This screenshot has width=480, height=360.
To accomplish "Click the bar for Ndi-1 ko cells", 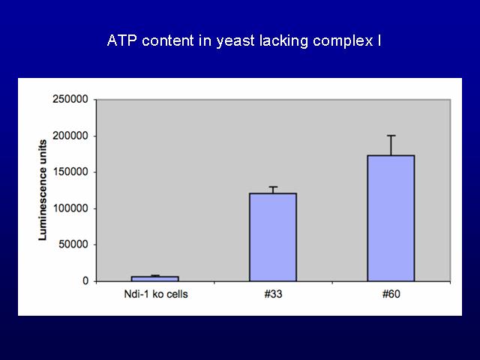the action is pyautogui.click(x=155, y=278).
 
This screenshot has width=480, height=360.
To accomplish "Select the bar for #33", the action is pyautogui.click(x=273, y=237).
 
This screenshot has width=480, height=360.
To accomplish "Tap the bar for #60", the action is pyautogui.click(x=391, y=218).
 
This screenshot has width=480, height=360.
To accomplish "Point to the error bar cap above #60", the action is pyautogui.click(x=391, y=136).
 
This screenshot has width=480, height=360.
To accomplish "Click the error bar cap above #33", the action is pyautogui.click(x=273, y=187).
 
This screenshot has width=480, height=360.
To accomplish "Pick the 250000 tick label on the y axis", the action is pyautogui.click(x=70, y=99).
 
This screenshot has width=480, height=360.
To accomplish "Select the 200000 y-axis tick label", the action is pyautogui.click(x=70, y=136).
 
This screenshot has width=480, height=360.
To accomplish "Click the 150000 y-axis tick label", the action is pyautogui.click(x=70, y=172).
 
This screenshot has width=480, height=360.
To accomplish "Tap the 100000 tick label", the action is pyautogui.click(x=70, y=208).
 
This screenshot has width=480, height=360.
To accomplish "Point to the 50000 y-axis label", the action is pyautogui.click(x=73, y=244).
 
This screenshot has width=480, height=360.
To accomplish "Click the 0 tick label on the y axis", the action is pyautogui.click(x=85, y=280).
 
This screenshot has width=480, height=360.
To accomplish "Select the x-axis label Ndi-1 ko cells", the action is pyautogui.click(x=156, y=294).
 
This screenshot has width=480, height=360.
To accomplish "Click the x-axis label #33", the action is pyautogui.click(x=273, y=294).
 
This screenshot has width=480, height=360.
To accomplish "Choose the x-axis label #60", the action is pyautogui.click(x=391, y=294).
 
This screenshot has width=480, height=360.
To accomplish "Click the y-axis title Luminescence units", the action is pyautogui.click(x=43, y=190).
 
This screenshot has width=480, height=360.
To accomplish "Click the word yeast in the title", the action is pyautogui.click(x=235, y=41).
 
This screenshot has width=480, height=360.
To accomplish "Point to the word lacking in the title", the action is pyautogui.click(x=283, y=41).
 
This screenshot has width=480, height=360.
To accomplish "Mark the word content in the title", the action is pyautogui.click(x=168, y=40).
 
